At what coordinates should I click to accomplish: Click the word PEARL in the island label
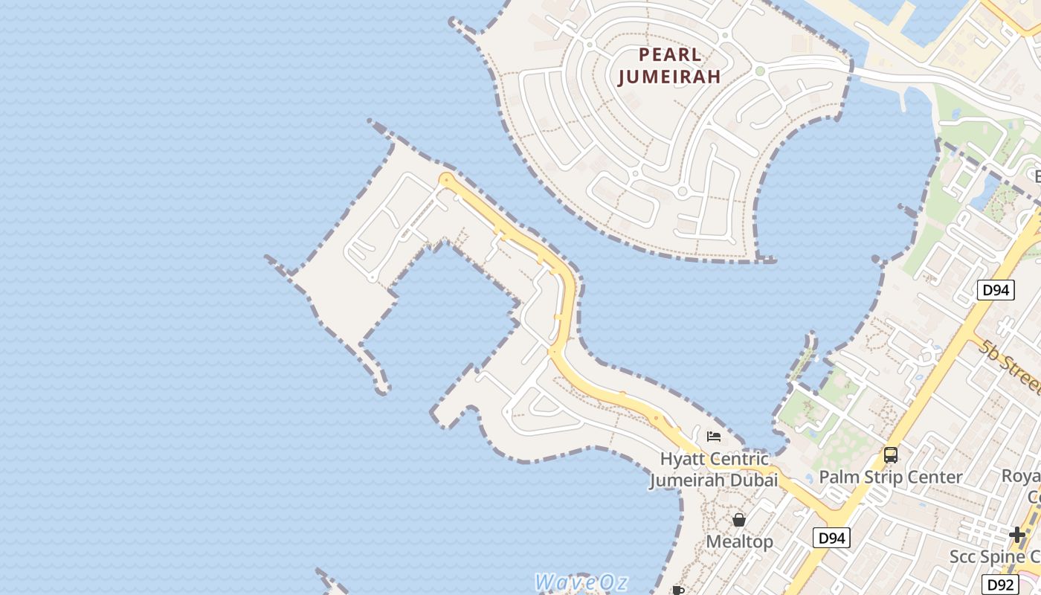click(x=670, y=55)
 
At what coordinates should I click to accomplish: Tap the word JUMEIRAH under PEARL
click(x=670, y=77)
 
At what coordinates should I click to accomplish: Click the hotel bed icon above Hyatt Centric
click(x=714, y=437)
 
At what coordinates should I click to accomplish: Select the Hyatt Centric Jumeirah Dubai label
click(x=714, y=469)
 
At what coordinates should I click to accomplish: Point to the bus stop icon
click(x=890, y=455)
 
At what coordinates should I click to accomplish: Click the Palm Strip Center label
click(x=890, y=477)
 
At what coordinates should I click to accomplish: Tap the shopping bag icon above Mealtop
click(x=739, y=520)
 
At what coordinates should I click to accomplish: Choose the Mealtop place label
click(x=739, y=542)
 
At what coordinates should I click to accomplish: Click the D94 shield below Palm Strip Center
click(x=831, y=538)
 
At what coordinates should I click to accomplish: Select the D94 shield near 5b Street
click(x=996, y=290)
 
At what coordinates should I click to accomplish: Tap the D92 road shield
click(x=999, y=585)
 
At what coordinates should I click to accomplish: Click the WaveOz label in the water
click(x=581, y=582)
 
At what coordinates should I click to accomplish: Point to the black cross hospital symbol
click(x=1017, y=534)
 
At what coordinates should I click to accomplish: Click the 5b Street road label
click(x=1010, y=367)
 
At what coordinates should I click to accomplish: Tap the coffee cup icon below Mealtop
click(x=678, y=591)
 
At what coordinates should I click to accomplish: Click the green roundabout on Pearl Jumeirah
click(x=760, y=71)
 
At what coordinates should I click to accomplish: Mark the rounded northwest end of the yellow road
click(x=446, y=179)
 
